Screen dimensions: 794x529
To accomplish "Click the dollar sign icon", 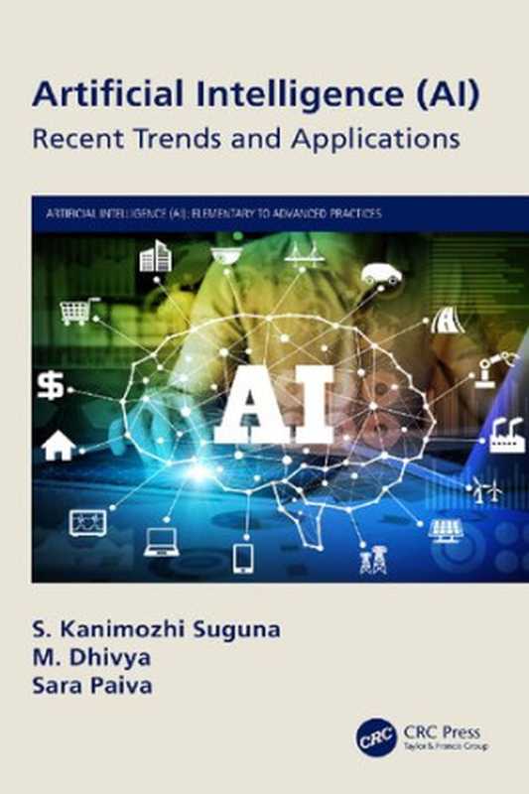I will point(50,385).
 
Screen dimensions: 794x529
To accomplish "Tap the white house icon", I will point(58,446).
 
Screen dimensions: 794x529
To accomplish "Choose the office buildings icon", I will point(155,258).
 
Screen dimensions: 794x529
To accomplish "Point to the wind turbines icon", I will point(485,488).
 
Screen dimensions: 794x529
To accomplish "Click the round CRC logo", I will point(377,740).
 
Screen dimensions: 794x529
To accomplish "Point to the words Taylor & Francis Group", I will point(448,745).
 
